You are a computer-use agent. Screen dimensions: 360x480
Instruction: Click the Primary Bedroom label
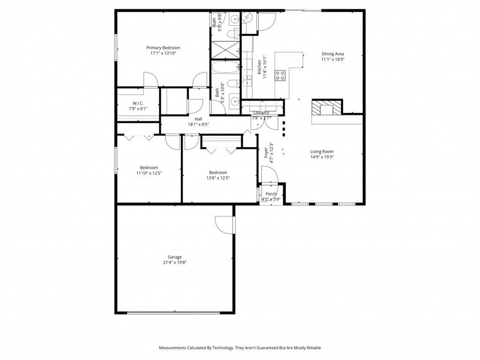click(163, 48)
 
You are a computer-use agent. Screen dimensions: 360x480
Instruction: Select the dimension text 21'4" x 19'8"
click(175, 262)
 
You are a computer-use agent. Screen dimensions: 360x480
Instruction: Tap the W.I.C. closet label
click(138, 103)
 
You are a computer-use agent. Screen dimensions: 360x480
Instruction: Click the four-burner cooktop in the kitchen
click(280, 75)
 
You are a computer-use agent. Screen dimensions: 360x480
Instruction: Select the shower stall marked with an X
click(225, 50)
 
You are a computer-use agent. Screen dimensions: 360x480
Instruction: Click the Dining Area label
click(333, 54)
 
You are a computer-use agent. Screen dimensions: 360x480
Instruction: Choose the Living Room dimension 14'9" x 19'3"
click(322, 157)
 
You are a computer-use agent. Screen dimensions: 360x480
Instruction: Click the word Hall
click(198, 119)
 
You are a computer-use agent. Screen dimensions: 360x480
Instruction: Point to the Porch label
click(271, 194)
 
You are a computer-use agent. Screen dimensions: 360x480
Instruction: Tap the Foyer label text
click(266, 152)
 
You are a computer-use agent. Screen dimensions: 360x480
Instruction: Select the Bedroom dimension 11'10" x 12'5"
click(149, 173)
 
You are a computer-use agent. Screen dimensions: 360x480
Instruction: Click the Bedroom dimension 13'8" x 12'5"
click(218, 178)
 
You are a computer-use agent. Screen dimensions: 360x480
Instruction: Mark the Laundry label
click(261, 112)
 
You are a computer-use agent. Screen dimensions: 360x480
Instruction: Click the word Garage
click(175, 257)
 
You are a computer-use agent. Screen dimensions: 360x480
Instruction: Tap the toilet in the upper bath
click(232, 34)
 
